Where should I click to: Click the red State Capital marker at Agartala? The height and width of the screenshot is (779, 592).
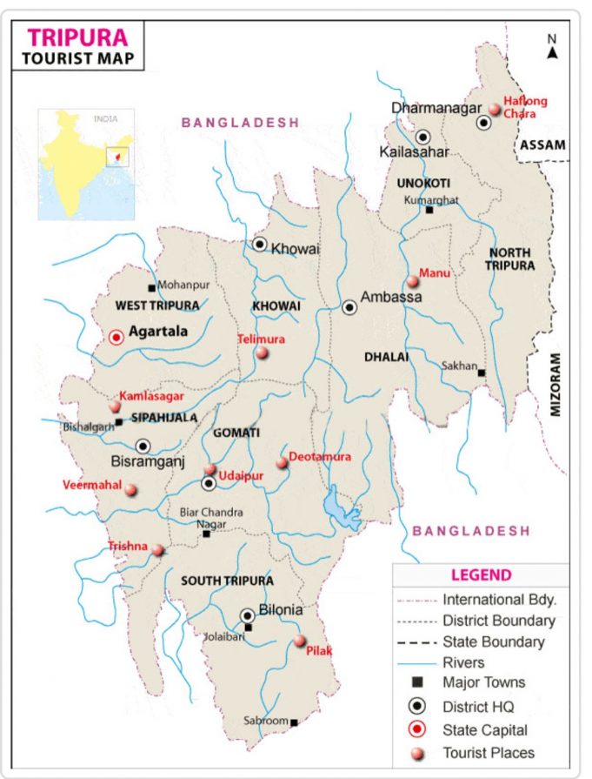[116, 337]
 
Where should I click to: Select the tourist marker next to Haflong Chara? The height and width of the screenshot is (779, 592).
[495, 110]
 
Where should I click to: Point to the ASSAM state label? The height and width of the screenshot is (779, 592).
[542, 145]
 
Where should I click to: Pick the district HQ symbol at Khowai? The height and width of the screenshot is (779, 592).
[259, 244]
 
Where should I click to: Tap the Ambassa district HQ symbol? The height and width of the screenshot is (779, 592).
[349, 306]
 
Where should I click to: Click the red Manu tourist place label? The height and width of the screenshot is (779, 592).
[434, 273]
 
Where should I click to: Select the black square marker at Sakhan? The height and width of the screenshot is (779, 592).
[481, 373]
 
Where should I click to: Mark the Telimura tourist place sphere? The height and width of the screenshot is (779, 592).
[262, 353]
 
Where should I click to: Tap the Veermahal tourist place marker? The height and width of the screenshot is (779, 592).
[130, 490]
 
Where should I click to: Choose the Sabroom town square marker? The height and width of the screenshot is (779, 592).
[294, 722]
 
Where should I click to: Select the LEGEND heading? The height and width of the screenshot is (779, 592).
[481, 575]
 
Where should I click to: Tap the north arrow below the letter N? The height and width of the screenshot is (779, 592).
[551, 54]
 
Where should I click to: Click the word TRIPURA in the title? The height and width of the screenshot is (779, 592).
[78, 37]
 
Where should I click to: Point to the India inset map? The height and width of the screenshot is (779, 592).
[86, 164]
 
